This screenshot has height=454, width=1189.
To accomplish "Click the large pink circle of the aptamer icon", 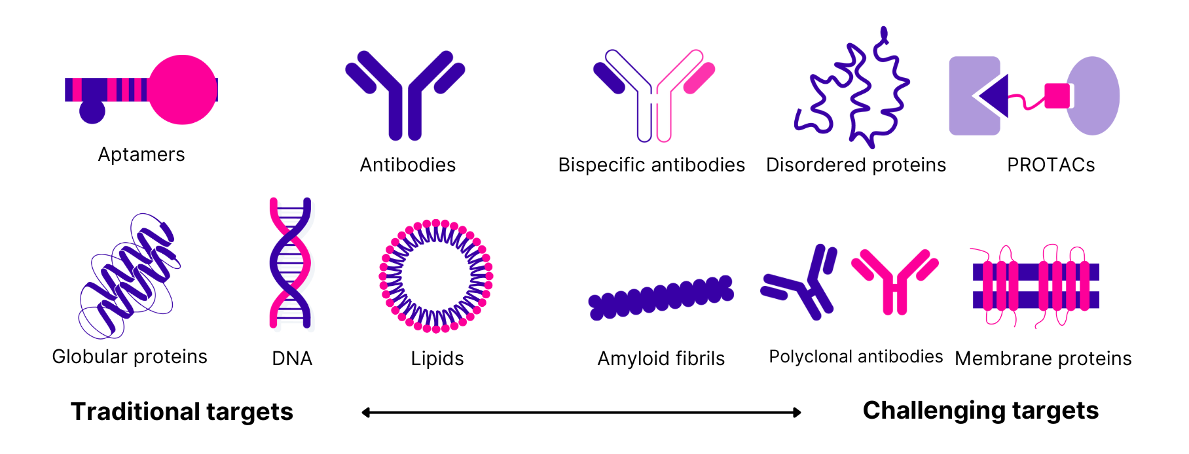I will pyautogui.click(x=183, y=90).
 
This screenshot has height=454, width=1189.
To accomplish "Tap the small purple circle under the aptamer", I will pyautogui.click(x=92, y=111).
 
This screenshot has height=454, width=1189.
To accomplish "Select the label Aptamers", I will pyautogui.click(x=141, y=154).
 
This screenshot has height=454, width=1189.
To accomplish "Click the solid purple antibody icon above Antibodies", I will pyautogui.click(x=405, y=95).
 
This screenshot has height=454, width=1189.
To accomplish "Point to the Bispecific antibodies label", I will pyautogui.click(x=651, y=165).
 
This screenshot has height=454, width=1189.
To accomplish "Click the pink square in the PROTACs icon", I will pyautogui.click(x=1057, y=96).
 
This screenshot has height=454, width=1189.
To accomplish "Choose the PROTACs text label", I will pyautogui.click(x=1051, y=165).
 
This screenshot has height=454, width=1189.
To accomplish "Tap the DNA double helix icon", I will pyautogui.click(x=290, y=263).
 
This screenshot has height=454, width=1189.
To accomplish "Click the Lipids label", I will pyautogui.click(x=437, y=358).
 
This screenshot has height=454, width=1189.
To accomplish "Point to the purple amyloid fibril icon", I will pyautogui.click(x=660, y=298).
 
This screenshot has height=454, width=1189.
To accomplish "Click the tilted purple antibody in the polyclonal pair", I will pyautogui.click(x=802, y=285).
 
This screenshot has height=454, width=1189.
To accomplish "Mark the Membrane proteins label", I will pyautogui.click(x=1043, y=358).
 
